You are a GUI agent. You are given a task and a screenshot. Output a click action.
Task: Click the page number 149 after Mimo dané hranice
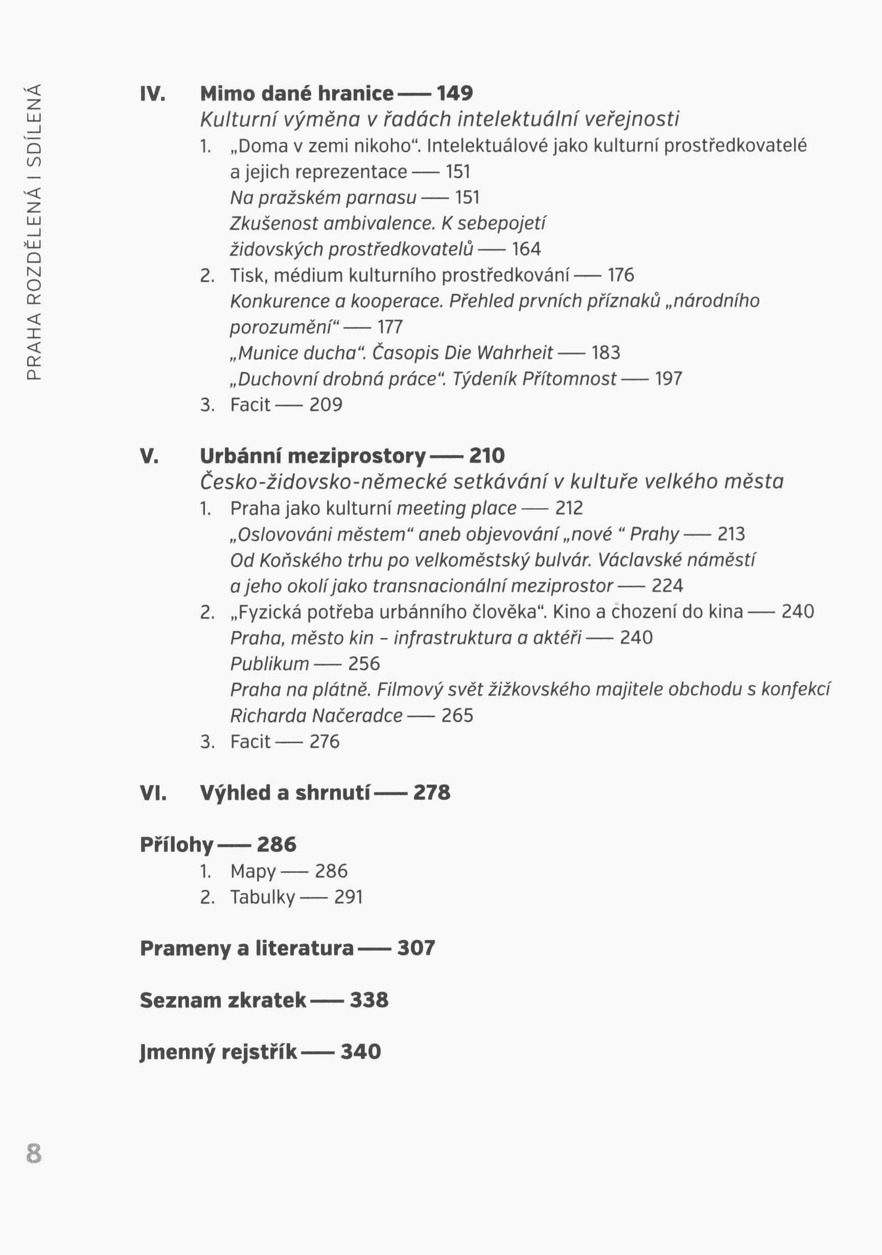pyautogui.click(x=454, y=94)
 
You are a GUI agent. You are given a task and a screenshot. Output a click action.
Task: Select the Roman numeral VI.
pyautogui.click(x=153, y=793)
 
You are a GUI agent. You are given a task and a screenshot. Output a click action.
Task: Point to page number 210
pyautogui.click(x=486, y=456)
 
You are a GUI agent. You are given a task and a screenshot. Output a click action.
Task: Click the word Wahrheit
pyautogui.click(x=515, y=353)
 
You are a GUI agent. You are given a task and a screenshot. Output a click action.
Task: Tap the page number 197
pyautogui.click(x=668, y=379)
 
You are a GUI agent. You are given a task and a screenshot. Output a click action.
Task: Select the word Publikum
pyautogui.click(x=270, y=664)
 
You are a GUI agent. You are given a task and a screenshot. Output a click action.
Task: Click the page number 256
pyautogui.click(x=364, y=664)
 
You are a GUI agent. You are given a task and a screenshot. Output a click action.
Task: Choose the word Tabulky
pyautogui.click(x=263, y=897)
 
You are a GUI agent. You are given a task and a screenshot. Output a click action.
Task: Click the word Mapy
pyautogui.click(x=253, y=872)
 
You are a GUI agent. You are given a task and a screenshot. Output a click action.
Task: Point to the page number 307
pyautogui.click(x=416, y=949)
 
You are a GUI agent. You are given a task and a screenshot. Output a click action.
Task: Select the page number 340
pyautogui.click(x=360, y=1052)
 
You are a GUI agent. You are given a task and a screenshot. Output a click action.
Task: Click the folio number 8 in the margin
pyautogui.click(x=33, y=1154)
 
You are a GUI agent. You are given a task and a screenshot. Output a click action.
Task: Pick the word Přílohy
pyautogui.click(x=176, y=845)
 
